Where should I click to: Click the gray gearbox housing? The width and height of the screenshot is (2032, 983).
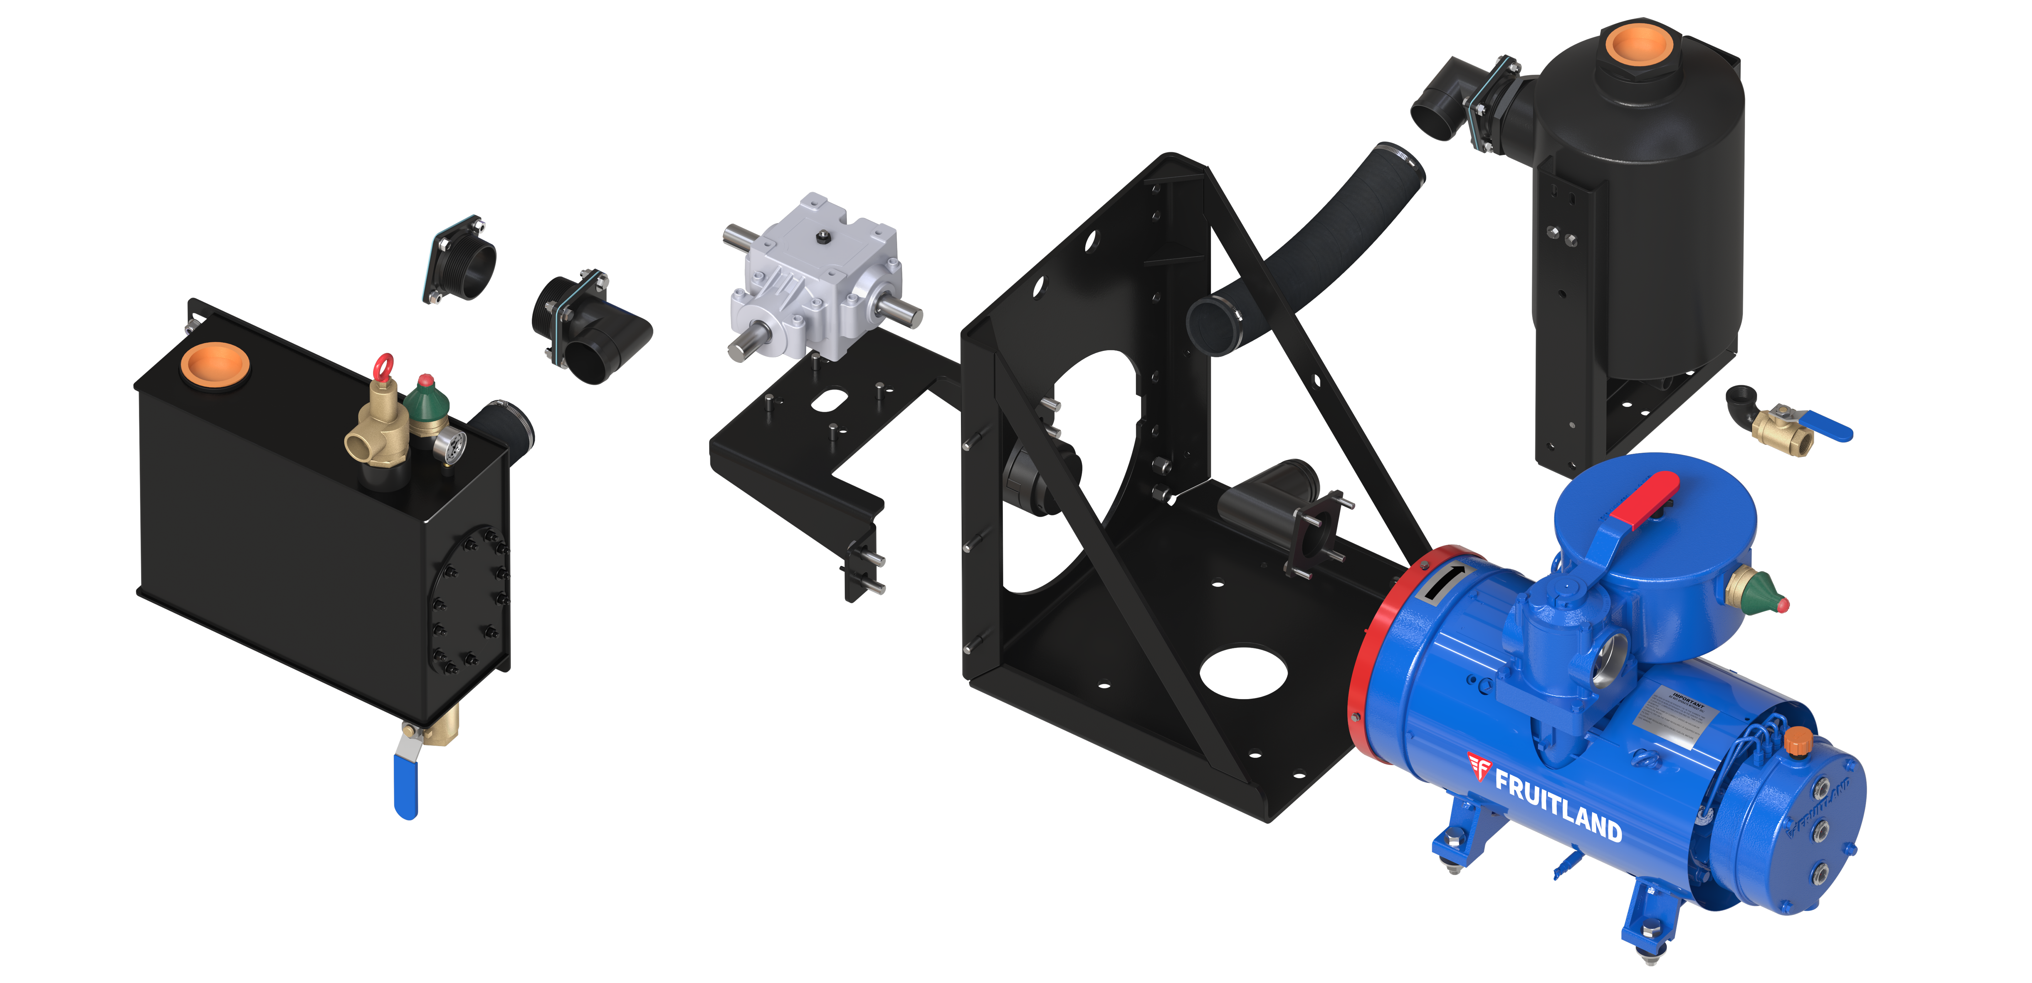[x=813, y=276]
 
